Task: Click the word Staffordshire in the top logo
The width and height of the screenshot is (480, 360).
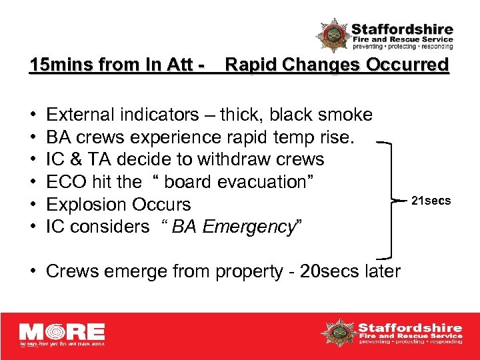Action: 402,30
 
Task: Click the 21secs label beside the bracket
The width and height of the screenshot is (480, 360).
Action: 431,201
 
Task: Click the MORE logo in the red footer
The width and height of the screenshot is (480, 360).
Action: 61,334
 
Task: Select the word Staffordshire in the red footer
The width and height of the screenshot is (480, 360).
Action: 410,327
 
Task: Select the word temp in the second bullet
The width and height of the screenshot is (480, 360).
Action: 291,138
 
